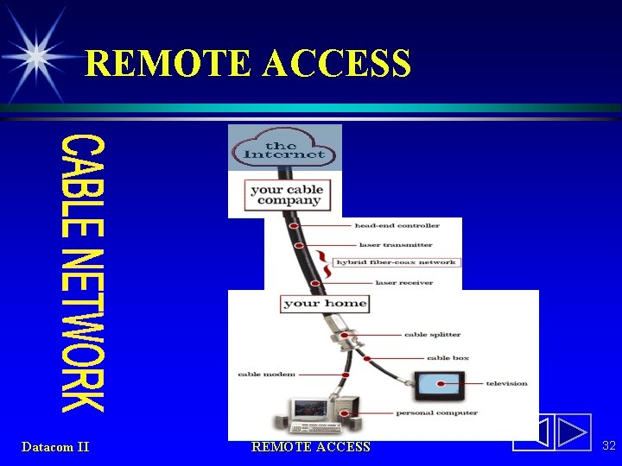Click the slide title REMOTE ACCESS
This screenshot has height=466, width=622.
(x=248, y=63)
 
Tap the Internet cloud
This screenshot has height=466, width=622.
(x=284, y=149)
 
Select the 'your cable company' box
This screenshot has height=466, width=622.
(x=286, y=195)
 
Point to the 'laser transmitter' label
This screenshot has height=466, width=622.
(x=396, y=245)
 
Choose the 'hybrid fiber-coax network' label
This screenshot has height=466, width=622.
(x=396, y=262)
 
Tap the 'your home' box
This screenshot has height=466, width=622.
(x=325, y=303)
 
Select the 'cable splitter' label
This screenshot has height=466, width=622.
(x=433, y=334)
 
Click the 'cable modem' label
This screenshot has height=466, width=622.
(x=266, y=375)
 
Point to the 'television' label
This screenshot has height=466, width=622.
(x=506, y=383)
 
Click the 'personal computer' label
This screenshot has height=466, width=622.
(x=436, y=412)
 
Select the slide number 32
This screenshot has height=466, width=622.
(x=608, y=445)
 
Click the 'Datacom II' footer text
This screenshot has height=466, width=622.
(x=55, y=446)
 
